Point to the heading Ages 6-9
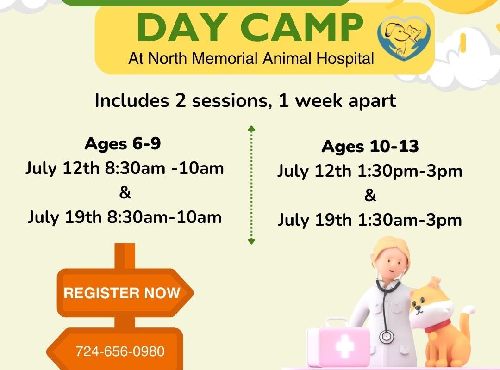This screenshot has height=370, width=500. click(x=123, y=144)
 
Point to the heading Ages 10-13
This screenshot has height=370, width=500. click(x=370, y=147)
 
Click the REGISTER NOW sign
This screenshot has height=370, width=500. click(x=122, y=293)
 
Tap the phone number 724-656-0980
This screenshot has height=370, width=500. click(x=120, y=351)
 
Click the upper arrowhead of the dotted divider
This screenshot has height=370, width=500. click(x=251, y=129)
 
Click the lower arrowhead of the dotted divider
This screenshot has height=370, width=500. click(x=251, y=241)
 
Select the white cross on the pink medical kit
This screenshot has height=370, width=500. click(x=345, y=346)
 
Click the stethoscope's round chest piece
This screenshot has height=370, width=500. click(x=387, y=336)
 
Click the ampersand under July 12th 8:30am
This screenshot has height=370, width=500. click(x=125, y=193)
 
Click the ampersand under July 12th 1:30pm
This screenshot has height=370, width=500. click(x=370, y=195)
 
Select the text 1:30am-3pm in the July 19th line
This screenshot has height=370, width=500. click(x=410, y=220)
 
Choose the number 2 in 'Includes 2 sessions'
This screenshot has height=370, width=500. click(x=181, y=101)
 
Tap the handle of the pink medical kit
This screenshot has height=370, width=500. click(x=336, y=322)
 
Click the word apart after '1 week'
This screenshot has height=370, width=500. click(x=372, y=101)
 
